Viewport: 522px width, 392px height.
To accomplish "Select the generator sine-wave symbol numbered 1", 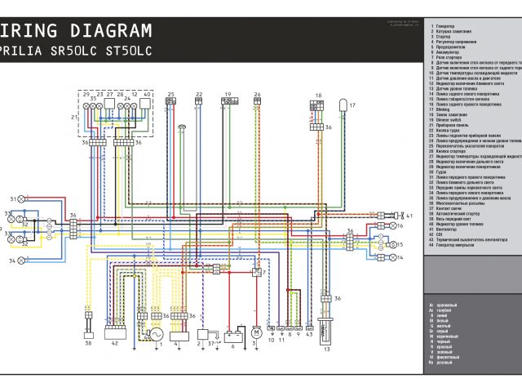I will click(x=154, y=334).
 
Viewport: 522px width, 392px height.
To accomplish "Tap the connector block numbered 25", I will click(x=170, y=102).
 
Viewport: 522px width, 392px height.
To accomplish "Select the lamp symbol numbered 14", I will click(x=390, y=257).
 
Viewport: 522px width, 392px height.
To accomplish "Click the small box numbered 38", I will click(x=89, y=334).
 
